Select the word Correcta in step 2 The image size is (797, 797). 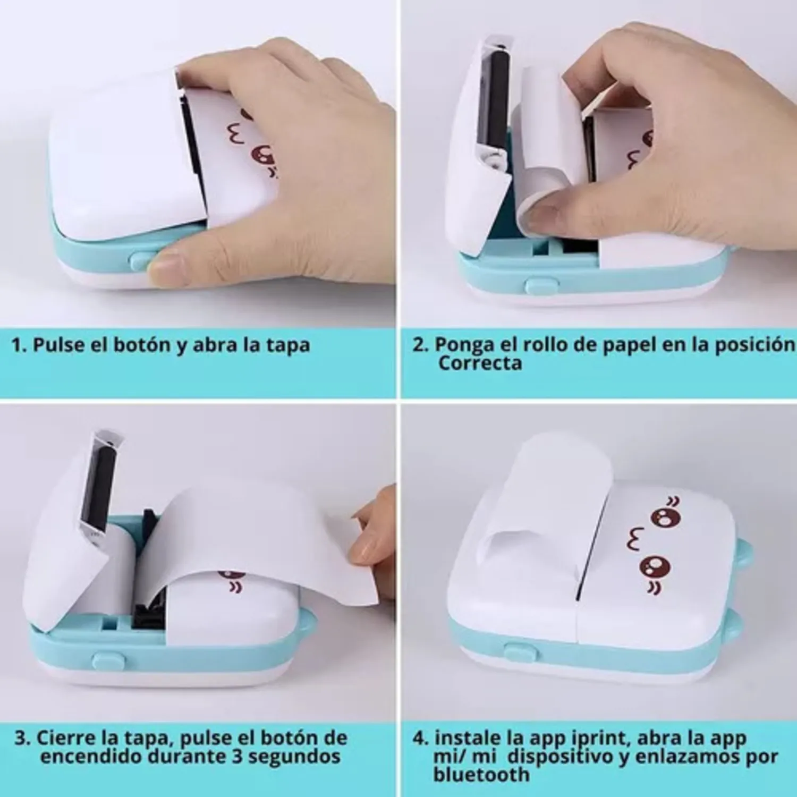click(480, 363)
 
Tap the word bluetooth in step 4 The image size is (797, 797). click(481, 775)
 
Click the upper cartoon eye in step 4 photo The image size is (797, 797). click(665, 517)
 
